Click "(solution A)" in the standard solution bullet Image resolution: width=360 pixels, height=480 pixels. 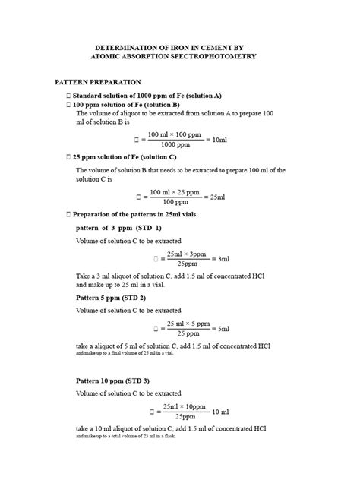click(200, 96)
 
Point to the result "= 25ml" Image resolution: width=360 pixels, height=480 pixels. click(216, 197)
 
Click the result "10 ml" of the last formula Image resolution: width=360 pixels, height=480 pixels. click(223, 412)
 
